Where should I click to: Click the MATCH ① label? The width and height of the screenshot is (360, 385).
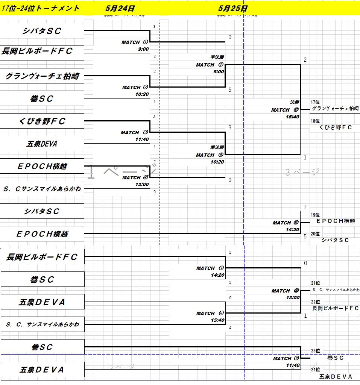click(x=135, y=42)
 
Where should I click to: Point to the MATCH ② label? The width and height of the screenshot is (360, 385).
click(x=136, y=88)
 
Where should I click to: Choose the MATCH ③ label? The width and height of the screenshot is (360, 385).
click(x=135, y=133)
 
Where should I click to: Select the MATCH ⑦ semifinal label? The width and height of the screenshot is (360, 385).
click(x=210, y=65)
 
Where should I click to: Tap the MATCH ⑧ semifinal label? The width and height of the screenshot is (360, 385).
click(x=210, y=155)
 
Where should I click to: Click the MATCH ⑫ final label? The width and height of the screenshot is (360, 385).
click(x=285, y=110)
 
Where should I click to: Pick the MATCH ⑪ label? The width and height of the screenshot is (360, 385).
click(x=286, y=223)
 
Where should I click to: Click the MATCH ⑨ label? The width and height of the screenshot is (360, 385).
click(x=286, y=359)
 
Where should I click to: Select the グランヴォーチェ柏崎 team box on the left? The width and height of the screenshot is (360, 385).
click(x=42, y=76)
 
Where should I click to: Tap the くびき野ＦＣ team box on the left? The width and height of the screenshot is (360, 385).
click(x=42, y=121)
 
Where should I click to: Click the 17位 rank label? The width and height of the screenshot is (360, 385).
click(x=315, y=102)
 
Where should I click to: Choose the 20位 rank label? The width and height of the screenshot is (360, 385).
click(x=315, y=234)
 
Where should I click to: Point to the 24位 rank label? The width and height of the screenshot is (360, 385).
click(x=315, y=370)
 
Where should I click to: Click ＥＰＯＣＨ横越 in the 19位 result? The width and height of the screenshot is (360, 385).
click(x=335, y=221)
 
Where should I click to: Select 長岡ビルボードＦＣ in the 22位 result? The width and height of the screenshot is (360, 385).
click(x=335, y=308)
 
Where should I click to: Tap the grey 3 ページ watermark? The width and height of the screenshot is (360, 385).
click(x=302, y=172)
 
